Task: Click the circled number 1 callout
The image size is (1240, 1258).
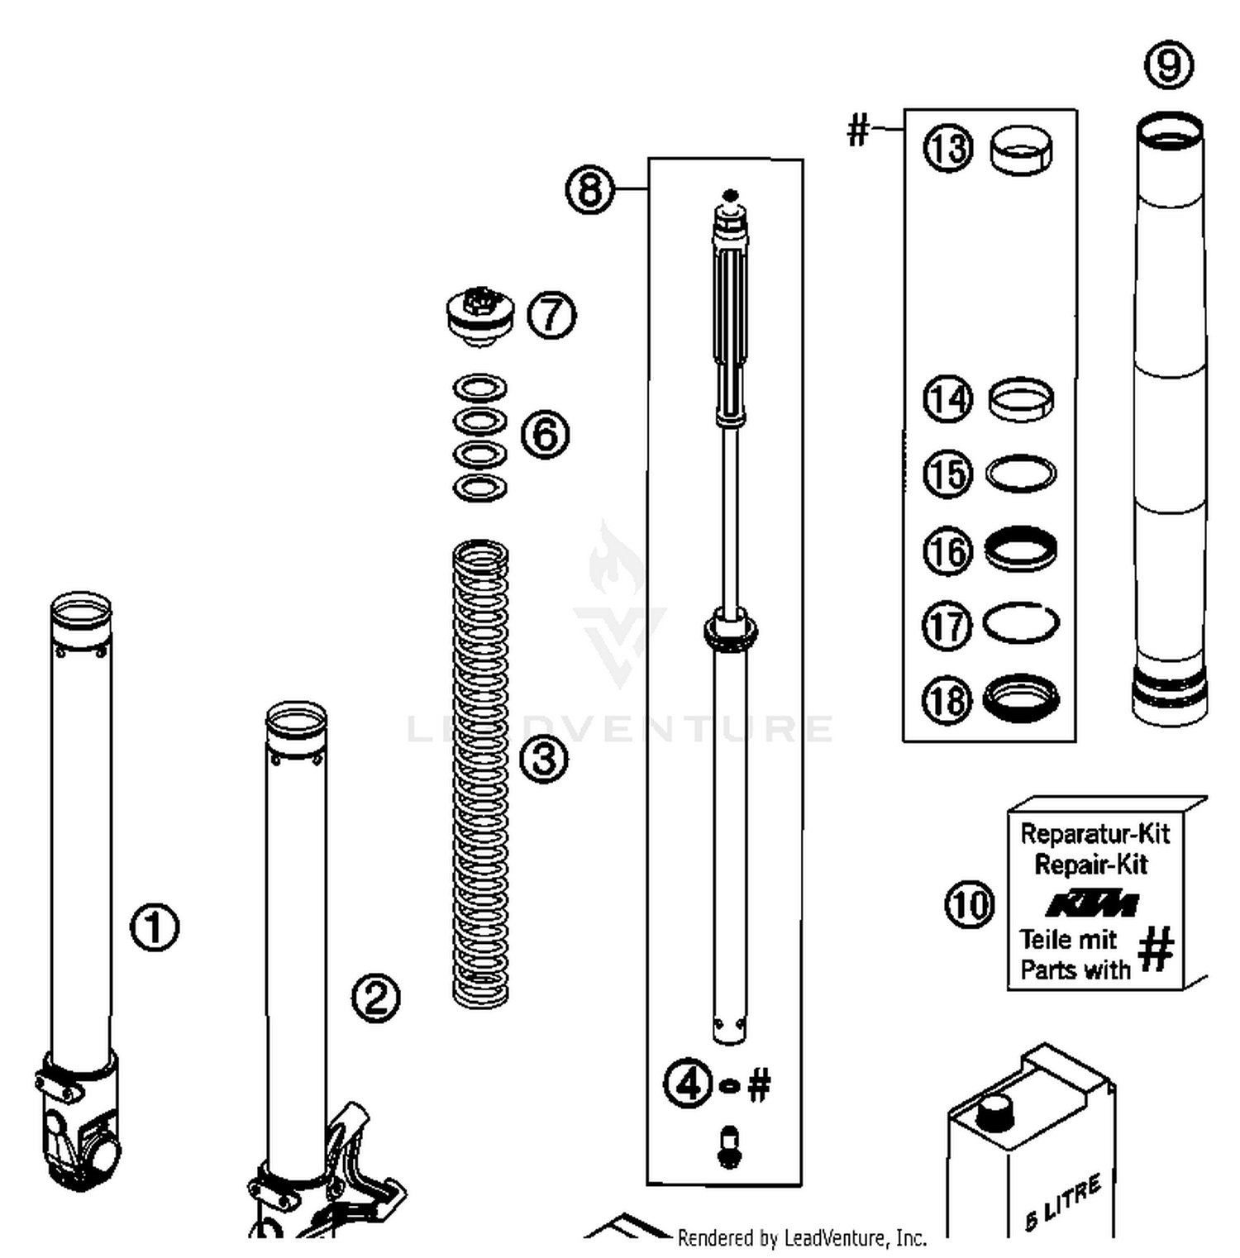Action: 155,927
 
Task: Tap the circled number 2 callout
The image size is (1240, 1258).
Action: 376,998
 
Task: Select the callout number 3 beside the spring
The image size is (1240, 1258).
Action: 544,759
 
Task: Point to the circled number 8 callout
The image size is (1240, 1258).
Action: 589,190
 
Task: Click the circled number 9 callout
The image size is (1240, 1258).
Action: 1169,64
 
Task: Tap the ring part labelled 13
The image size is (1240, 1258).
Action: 1022,150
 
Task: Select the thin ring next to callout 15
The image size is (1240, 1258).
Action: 1022,474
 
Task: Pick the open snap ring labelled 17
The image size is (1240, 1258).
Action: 1021,622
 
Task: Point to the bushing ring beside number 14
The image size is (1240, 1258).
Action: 1022,399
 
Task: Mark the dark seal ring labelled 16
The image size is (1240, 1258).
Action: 1022,549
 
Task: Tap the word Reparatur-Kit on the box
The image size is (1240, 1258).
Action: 1095,833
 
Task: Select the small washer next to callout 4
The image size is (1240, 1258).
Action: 729,1085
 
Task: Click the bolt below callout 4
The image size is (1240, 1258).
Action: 728,1146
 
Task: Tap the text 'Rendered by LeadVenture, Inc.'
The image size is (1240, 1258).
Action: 801,1237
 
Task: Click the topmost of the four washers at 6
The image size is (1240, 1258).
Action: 480,387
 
